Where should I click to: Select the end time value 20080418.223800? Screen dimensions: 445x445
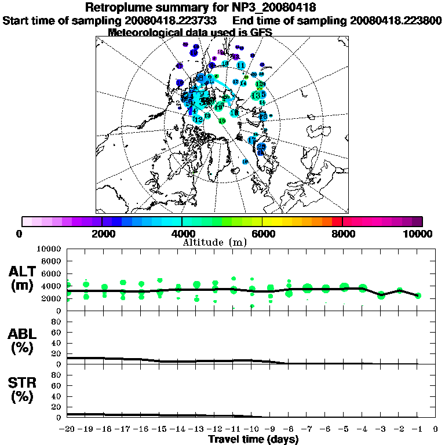396,20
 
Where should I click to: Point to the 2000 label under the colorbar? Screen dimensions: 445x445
102,234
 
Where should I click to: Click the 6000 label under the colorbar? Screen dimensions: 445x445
262,234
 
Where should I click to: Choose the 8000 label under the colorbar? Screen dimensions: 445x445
342,234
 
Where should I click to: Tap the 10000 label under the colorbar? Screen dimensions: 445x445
420,234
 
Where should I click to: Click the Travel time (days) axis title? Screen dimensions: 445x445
253,440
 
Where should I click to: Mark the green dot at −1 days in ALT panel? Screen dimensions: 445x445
418,296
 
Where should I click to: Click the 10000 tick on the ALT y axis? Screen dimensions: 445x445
49,249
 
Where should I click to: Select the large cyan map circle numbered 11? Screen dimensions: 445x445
240,65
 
